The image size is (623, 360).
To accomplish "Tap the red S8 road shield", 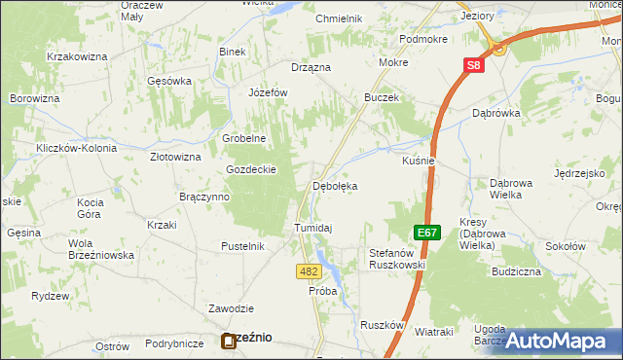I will click(472, 65).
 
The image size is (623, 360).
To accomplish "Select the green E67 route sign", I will click(424, 234).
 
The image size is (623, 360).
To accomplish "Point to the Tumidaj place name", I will click(313, 228).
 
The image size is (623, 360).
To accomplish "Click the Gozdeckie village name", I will click(252, 168).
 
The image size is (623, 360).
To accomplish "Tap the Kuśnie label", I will click(418, 161).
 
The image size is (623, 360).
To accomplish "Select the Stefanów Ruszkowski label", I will click(397, 259).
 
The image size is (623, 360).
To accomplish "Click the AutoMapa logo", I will click(562, 342).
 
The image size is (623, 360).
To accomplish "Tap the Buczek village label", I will click(382, 98).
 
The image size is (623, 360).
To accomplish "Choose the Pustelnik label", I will click(242, 246).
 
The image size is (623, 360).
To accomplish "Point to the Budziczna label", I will click(516, 271).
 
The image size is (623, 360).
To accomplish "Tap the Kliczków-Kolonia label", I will click(76, 148).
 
